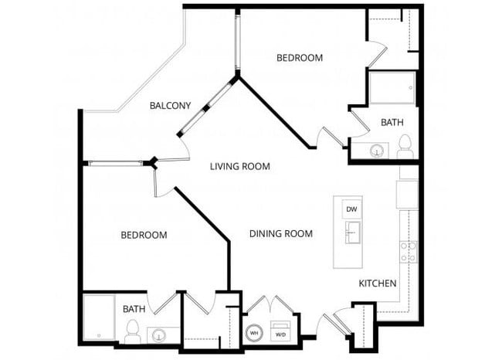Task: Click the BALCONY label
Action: [x=170, y=106]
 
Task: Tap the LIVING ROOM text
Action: [x=241, y=166]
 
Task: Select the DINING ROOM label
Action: [x=280, y=233]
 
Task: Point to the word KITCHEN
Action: [x=378, y=284]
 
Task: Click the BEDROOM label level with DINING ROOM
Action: [x=144, y=235]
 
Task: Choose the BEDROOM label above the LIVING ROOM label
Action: [x=300, y=58]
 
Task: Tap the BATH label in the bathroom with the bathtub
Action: [x=134, y=309]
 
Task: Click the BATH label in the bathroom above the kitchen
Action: [x=392, y=122]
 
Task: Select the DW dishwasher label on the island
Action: [x=351, y=209]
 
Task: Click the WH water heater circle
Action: [x=254, y=334]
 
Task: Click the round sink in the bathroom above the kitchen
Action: [x=377, y=151]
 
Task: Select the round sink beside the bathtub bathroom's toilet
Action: [x=159, y=335]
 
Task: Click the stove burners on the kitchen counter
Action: [x=408, y=251]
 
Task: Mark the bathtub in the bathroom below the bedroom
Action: [x=99, y=317]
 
